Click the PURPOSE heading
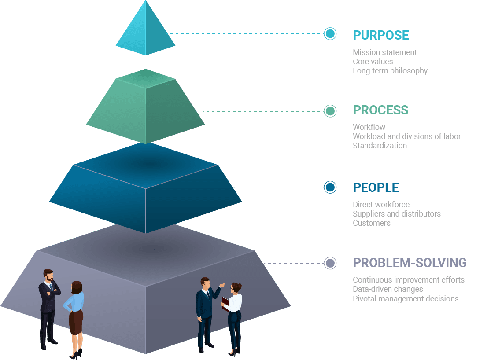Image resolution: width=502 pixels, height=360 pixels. click(x=381, y=35)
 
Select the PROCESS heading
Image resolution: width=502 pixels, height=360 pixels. click(x=380, y=110)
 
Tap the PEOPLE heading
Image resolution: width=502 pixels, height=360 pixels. click(x=376, y=187)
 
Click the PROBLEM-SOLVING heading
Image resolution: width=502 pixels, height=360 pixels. click(x=410, y=263)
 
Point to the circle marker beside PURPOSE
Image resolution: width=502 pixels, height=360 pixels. click(x=330, y=33)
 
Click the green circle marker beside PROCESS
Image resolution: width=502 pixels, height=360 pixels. click(x=330, y=111)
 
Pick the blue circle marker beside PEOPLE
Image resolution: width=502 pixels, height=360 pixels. click(x=330, y=187)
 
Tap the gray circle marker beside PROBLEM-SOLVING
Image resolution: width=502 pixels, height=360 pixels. click(x=330, y=263)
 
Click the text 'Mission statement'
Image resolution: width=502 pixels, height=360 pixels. click(x=384, y=52)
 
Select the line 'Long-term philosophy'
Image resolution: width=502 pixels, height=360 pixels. click(x=390, y=71)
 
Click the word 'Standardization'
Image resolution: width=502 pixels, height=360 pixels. click(x=380, y=146)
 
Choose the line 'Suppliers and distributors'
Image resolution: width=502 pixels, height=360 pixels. click(x=396, y=214)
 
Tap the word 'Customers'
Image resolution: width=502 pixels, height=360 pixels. click(x=371, y=223)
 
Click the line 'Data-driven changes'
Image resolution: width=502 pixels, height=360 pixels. click(x=388, y=289)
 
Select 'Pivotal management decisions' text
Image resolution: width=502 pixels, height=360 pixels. click(x=405, y=299)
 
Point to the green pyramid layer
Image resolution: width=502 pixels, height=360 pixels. click(x=145, y=106)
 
